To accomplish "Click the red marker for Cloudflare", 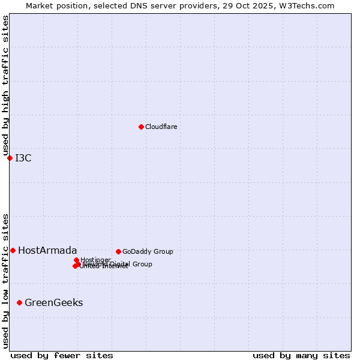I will [x=141, y=127].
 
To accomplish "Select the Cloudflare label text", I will [x=161, y=127].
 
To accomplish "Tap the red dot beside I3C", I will [x=10, y=158].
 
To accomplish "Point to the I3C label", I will [x=23, y=158].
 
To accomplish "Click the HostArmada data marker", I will [x=13, y=250].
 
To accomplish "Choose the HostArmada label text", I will [x=47, y=251].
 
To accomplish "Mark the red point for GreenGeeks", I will [x=19, y=302].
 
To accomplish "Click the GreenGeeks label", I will [x=53, y=303].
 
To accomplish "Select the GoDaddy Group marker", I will [x=118, y=251].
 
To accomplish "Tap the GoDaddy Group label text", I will [x=148, y=252].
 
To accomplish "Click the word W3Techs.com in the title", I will [x=310, y=5].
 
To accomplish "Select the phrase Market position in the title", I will [x=53, y=5].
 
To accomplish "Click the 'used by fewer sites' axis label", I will [x=62, y=355].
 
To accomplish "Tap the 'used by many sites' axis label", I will [x=301, y=355].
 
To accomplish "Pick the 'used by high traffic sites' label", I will [x=5, y=86].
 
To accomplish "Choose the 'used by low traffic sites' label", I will [x=5, y=280].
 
